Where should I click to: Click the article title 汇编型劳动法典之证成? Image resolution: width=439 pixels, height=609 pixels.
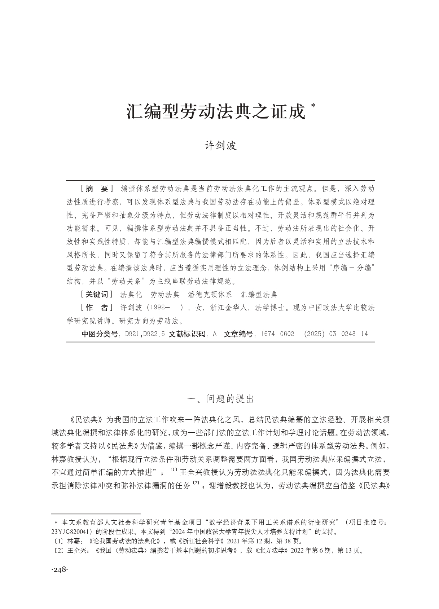(216, 112)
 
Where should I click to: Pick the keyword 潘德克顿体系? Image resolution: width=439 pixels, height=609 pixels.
(210, 295)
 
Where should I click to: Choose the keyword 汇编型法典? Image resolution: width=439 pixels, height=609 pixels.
(259, 295)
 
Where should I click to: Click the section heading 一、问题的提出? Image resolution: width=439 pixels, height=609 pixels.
(221, 399)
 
